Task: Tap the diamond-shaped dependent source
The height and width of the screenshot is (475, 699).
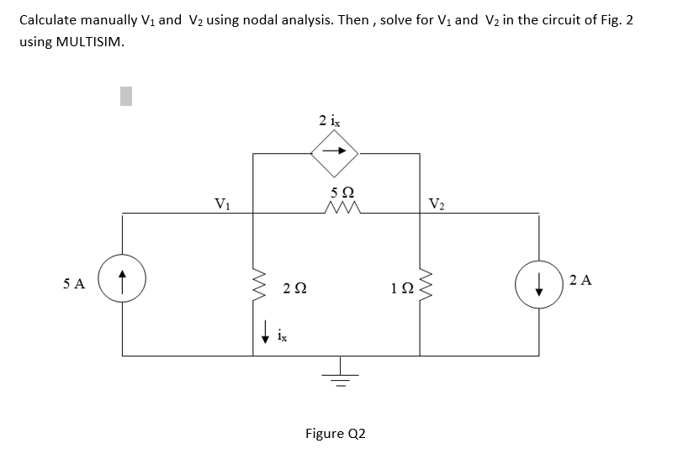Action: (x=336, y=152)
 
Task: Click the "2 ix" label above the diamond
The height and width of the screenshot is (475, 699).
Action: (x=331, y=120)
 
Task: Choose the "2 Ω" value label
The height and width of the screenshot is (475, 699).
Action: (x=294, y=288)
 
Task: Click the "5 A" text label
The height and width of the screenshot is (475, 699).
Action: (x=74, y=283)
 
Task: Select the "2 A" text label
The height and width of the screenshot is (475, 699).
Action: (x=581, y=280)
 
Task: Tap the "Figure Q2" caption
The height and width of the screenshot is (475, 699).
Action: (x=335, y=434)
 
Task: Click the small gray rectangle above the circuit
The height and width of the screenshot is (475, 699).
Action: (x=126, y=97)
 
